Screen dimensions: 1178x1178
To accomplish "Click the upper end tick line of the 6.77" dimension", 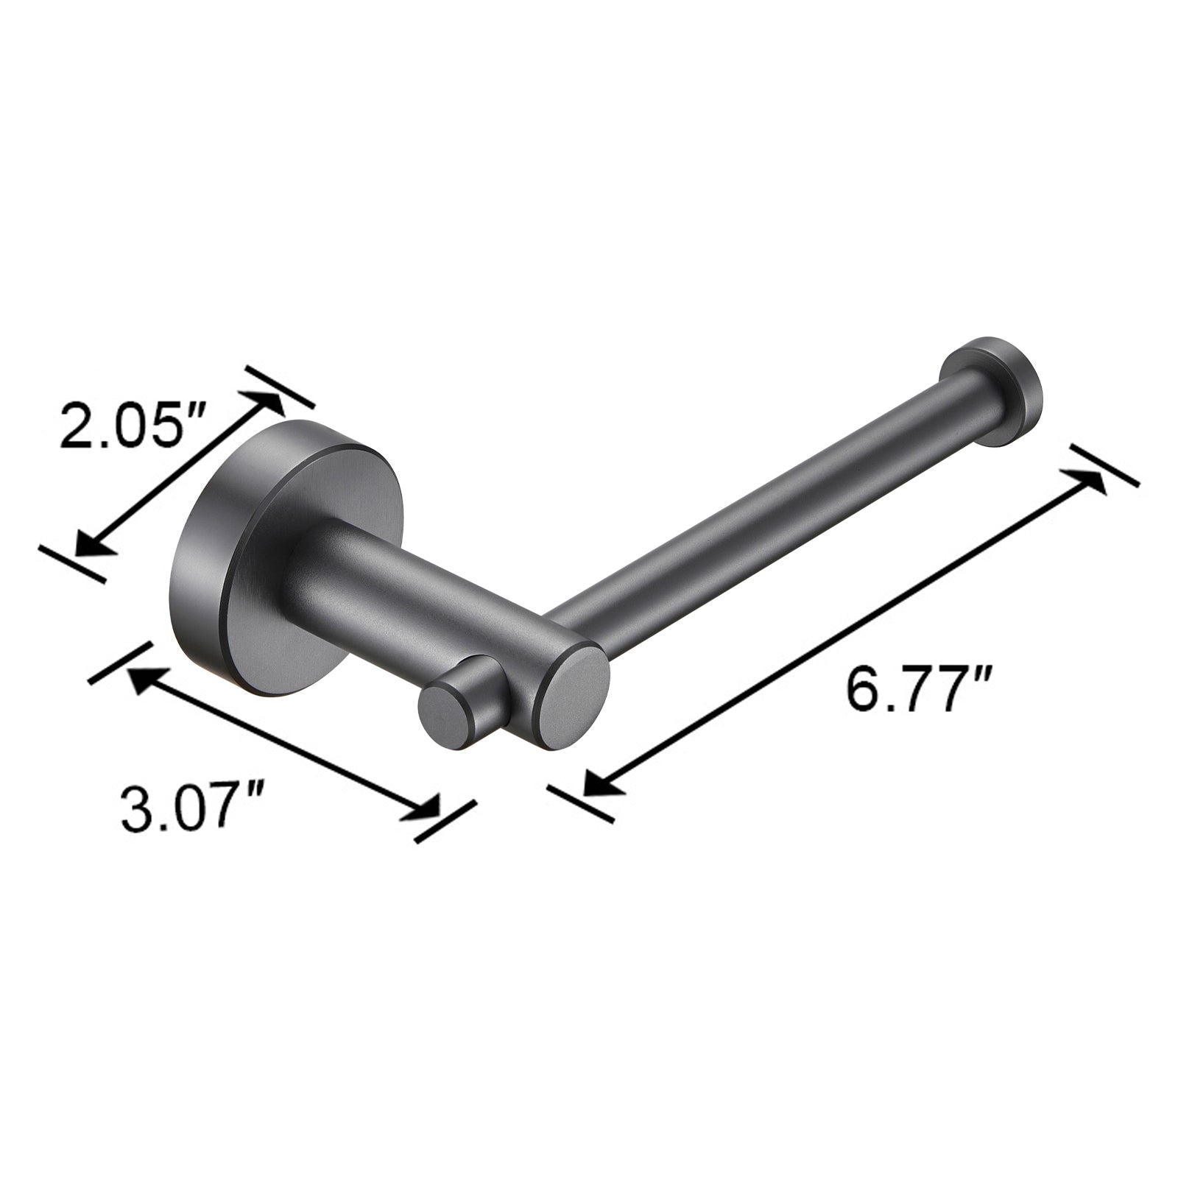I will click(x=1104, y=465).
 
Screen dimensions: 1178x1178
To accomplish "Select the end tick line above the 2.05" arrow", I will click(x=280, y=387).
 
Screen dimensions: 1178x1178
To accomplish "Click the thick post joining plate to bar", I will click(x=412, y=604).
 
